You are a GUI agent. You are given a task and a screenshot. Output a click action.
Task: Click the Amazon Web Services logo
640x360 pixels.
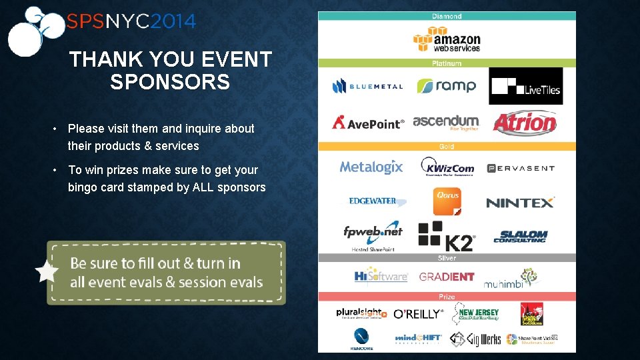(446, 39)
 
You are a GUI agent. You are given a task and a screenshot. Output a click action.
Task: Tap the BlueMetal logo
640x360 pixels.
(367, 86)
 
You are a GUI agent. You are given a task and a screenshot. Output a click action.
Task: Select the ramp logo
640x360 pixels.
(446, 86)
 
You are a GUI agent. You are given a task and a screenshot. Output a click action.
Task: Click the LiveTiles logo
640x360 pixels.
(525, 86)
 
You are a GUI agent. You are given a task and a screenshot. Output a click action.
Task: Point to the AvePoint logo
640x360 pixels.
(368, 123)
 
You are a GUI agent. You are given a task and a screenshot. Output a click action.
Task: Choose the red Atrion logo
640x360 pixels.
(525, 123)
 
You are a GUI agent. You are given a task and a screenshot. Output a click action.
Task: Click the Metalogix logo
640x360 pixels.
(371, 167)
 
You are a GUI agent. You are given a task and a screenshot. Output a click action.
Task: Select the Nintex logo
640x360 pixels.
(520, 203)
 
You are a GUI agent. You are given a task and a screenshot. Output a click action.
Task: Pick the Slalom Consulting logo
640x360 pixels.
(520, 237)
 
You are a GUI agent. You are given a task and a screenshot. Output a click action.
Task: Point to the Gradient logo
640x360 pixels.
(447, 277)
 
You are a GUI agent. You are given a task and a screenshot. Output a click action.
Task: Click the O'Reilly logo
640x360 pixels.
(418, 314)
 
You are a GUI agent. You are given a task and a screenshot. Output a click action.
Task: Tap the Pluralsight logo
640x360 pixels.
(361, 313)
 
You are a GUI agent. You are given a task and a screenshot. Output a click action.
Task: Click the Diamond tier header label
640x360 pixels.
(446, 16)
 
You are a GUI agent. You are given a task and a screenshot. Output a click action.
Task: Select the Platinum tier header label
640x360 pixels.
(446, 63)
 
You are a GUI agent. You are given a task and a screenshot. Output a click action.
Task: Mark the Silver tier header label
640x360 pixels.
(446, 258)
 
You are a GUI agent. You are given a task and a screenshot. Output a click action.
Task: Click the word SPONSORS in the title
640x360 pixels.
(170, 83)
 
